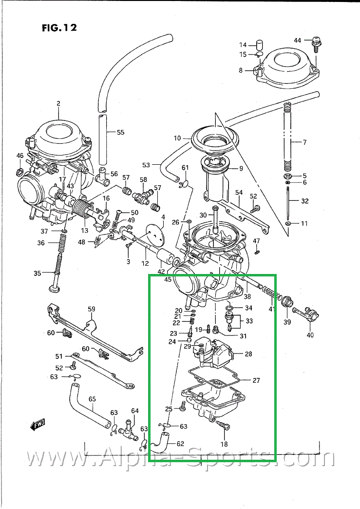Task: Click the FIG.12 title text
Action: [59, 27]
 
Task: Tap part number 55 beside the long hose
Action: [120, 132]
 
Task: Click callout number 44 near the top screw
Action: [298, 39]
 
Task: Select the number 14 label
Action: [243, 45]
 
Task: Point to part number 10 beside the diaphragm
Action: [176, 138]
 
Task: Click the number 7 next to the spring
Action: [304, 142]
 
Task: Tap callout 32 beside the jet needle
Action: [304, 201]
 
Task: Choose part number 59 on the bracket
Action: [91, 309]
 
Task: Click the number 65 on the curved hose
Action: [92, 399]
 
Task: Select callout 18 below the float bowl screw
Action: [224, 444]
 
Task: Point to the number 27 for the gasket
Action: [256, 380]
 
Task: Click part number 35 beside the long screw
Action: [38, 273]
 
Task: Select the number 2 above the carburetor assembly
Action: [58, 103]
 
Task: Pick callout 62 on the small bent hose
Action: [180, 444]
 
